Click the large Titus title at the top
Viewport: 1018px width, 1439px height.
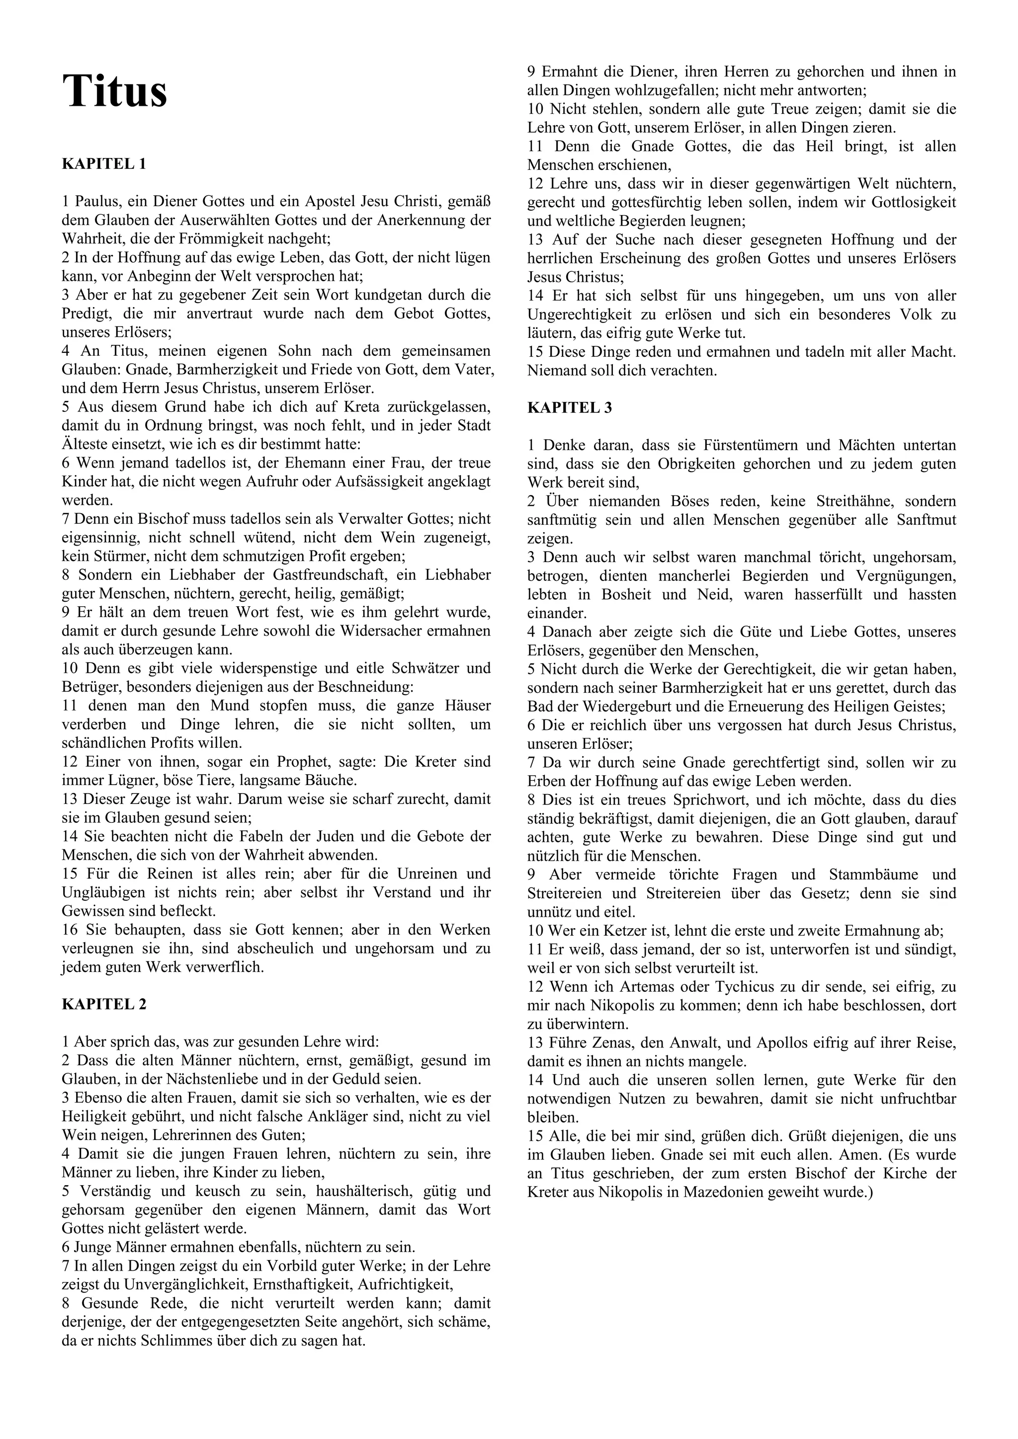115,91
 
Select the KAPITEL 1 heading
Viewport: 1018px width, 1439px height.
104,164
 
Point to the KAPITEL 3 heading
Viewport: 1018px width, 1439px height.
570,407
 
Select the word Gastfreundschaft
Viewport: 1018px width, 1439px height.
337,575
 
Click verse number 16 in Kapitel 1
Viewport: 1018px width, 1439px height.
70,930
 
